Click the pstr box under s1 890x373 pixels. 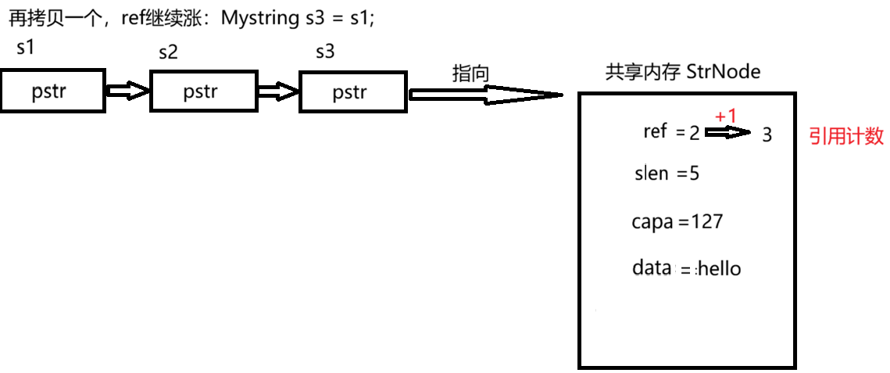[53, 91]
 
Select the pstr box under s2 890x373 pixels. [204, 91]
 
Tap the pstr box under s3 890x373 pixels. [352, 92]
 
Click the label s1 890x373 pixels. [25, 47]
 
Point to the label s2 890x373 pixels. [168, 52]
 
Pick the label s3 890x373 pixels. [324, 52]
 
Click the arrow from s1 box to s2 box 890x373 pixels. [127, 91]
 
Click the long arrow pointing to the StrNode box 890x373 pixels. [485, 95]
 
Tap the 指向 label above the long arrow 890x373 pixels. [470, 74]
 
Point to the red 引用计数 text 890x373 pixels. [846, 136]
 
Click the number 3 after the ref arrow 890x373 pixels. [767, 135]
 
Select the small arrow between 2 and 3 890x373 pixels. [730, 133]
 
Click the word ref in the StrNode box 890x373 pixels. [655, 131]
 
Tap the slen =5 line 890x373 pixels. [667, 173]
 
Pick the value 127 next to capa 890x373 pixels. [706, 221]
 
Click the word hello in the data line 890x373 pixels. [719, 269]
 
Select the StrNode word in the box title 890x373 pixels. [723, 72]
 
